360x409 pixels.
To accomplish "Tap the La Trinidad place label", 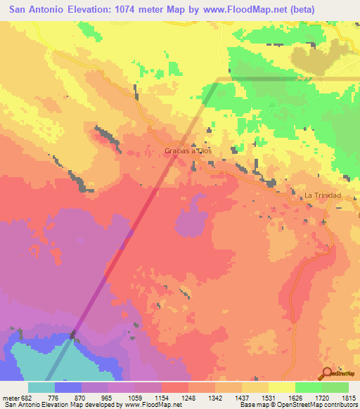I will click(x=322, y=195).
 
